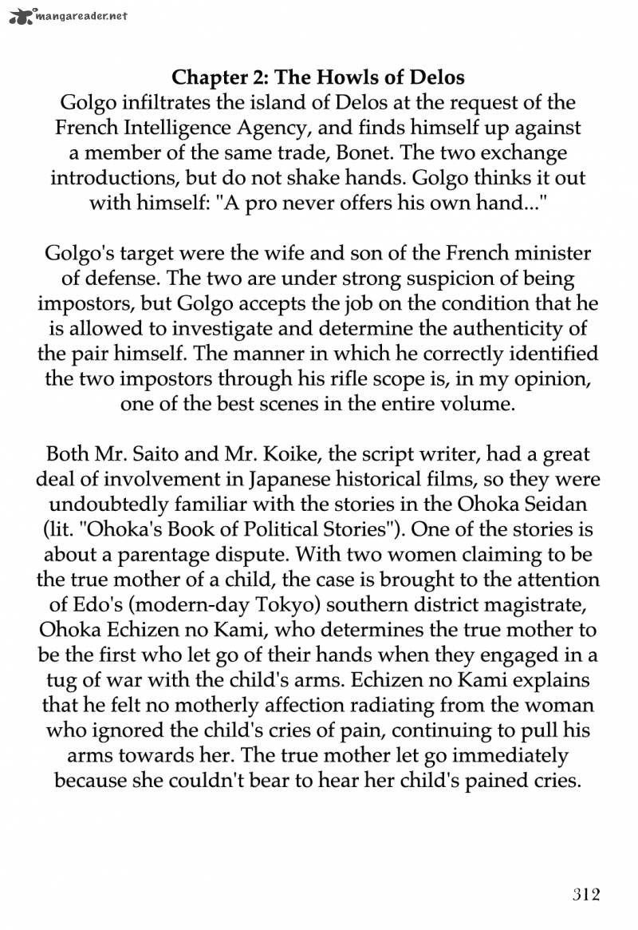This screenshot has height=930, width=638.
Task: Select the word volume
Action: (477, 404)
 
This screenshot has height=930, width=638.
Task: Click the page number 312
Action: (585, 893)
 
